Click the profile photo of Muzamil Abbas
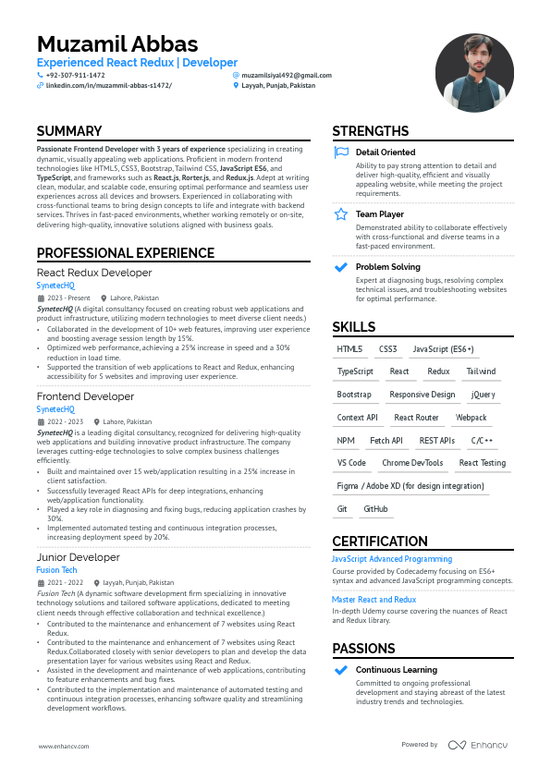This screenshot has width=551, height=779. coord(474,74)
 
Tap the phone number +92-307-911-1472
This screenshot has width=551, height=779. coord(75,75)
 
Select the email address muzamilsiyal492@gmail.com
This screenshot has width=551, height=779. coord(286,75)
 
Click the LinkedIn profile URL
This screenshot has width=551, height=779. coord(108,85)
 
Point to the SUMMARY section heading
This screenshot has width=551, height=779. coord(69,131)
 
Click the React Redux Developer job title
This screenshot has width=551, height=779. coord(94,273)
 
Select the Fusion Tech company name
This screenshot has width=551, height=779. coord(56,570)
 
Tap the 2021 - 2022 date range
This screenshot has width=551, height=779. coord(65,583)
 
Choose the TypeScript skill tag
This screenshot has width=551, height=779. coord(355,371)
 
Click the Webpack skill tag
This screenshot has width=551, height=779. coord(471,418)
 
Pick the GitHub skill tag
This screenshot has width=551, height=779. coord(375,509)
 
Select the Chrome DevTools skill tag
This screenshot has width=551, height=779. coord(412,463)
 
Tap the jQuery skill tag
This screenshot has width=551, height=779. coord(483,395)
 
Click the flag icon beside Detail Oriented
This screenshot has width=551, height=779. coord(341,152)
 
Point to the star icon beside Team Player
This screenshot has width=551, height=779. coord(341,214)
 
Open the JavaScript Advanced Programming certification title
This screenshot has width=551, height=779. coord(392,559)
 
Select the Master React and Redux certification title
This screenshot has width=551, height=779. coord(373,600)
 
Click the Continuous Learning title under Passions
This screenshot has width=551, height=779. coord(397,670)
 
